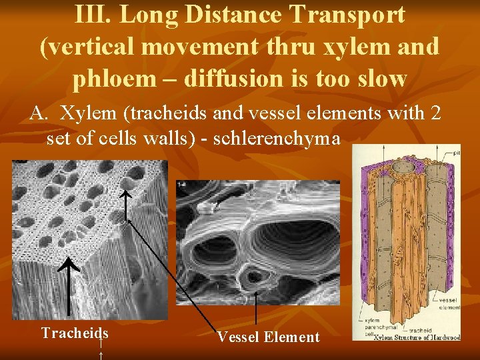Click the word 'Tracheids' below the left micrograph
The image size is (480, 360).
coord(75,333)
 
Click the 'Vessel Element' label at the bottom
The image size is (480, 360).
coord(268,337)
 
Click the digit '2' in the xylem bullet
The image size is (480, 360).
coord(436,113)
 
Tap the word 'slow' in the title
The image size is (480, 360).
coord(380,79)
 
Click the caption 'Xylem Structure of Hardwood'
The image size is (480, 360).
coord(416,337)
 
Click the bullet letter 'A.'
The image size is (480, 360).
coord(38,113)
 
